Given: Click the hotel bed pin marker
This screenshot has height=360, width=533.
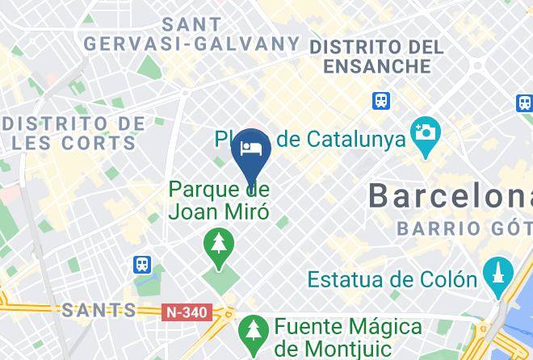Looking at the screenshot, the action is tap(251, 150).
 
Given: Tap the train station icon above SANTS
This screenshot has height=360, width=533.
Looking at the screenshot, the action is tap(143, 264).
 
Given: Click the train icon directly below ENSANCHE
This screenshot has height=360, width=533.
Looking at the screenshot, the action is tap(381, 100).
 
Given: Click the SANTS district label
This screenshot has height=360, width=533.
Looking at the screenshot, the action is tap(99, 309).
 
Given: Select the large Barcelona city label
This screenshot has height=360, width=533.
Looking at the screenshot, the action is tap(450, 195).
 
